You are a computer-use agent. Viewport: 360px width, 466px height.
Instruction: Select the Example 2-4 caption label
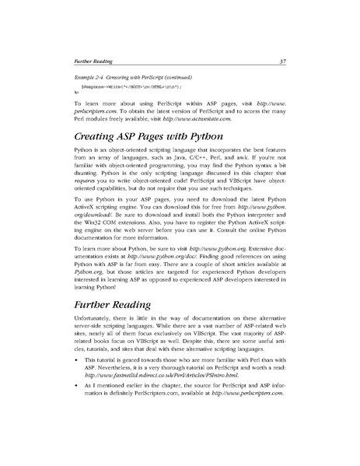(91, 79)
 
